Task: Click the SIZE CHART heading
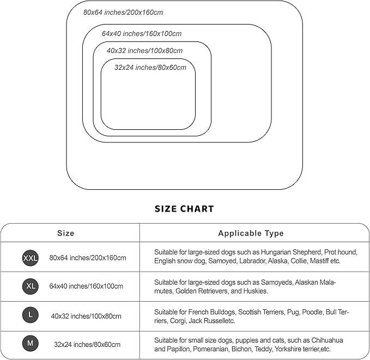tap(184, 208)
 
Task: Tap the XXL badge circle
tap(31, 258)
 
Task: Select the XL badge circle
tap(31, 286)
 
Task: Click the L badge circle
tap(31, 315)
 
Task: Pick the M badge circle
tap(31, 344)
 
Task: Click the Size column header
tap(66, 233)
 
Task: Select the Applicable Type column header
tap(251, 233)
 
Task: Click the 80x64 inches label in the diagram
tap(123, 12)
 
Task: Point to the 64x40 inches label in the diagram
tap(142, 33)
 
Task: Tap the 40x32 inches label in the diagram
tap(144, 51)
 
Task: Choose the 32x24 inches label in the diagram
tap(150, 68)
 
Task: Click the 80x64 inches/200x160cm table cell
tap(88, 258)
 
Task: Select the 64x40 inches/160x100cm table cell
tap(86, 286)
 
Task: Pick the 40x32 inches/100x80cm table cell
tap(86, 316)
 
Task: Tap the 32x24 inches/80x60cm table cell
tap(87, 345)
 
